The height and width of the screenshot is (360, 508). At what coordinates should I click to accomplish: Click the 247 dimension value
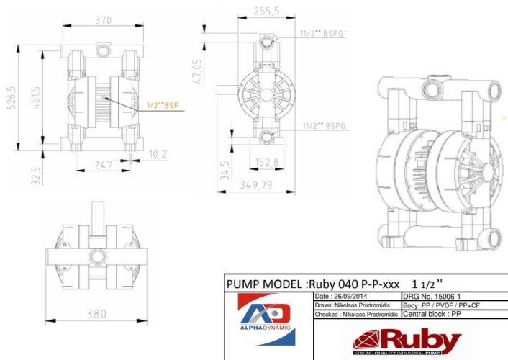coord(106,165)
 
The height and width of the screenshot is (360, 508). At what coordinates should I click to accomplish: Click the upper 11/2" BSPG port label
coord(324,34)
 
